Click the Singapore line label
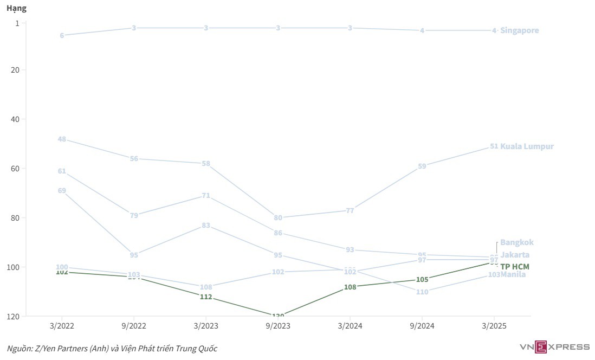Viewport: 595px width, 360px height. (519, 30)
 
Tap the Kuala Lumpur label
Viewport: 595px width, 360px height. (527, 146)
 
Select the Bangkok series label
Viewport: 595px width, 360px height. (516, 242)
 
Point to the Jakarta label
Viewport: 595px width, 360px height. (515, 255)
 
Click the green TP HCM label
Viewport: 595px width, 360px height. (514, 267)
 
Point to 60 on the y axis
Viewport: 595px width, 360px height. (15, 169)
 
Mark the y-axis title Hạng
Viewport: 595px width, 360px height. (16, 9)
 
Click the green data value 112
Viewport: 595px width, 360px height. (206, 297)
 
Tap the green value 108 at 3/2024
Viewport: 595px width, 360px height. (350, 287)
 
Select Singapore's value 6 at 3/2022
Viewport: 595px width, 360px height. (62, 35)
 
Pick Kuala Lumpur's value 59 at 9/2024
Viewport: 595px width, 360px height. (422, 166)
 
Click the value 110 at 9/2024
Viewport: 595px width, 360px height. (422, 292)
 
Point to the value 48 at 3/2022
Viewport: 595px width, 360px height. (62, 139)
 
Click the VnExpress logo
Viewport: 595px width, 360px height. (554, 346)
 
